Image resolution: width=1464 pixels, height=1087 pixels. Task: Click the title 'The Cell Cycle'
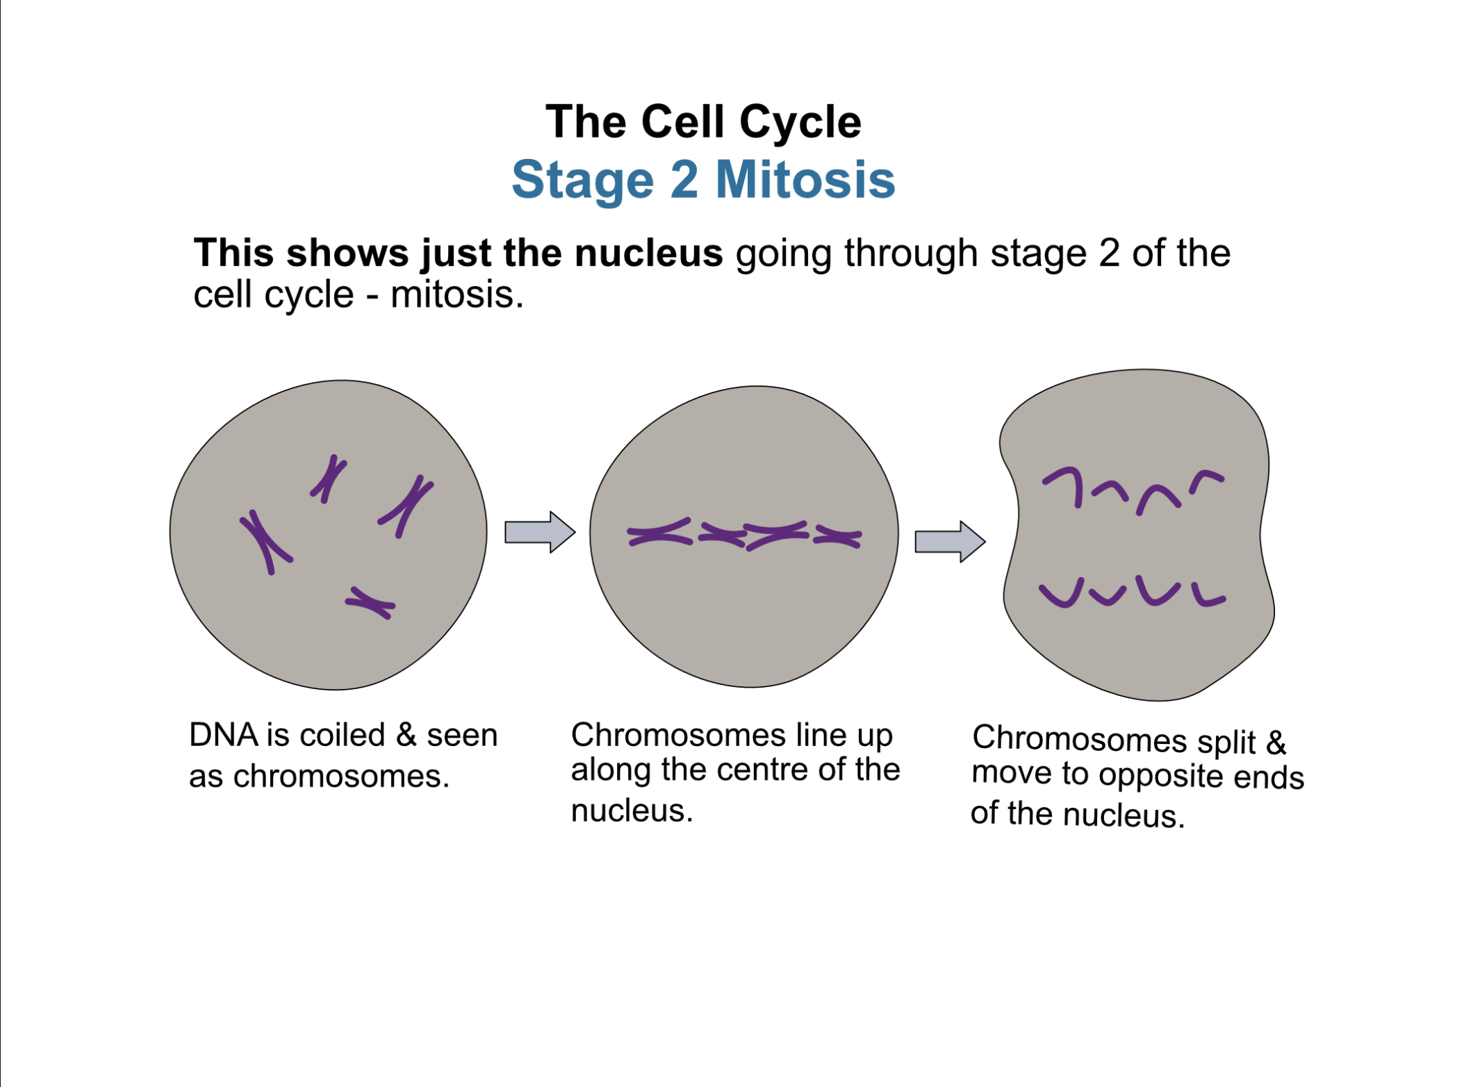702,122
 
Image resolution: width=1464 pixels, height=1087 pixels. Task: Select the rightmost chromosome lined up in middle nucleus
837,536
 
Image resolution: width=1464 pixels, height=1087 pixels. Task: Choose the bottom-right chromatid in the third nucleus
1208,596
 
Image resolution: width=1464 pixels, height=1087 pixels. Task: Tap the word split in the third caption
1226,742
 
